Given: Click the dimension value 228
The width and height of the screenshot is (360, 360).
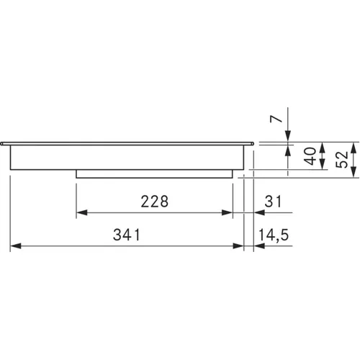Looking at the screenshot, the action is pos(155,201).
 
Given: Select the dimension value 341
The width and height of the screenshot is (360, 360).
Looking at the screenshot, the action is pos(127,235).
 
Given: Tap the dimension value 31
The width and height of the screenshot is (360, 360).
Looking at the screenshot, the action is pos(273,201).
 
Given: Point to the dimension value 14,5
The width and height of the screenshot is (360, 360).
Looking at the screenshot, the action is pos(274,235).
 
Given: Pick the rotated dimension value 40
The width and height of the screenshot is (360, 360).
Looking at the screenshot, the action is pos(310,156).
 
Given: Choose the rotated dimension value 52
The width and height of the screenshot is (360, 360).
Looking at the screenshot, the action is pos(342,159).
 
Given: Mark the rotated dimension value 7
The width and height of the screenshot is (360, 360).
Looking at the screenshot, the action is pos(276,119).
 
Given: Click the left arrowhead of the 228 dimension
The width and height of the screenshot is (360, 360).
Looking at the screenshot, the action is pos(81,212).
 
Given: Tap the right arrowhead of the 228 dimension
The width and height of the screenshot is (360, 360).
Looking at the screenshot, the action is pos(227,212).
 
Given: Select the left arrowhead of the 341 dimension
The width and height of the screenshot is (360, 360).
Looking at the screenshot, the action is pos(16,246).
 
